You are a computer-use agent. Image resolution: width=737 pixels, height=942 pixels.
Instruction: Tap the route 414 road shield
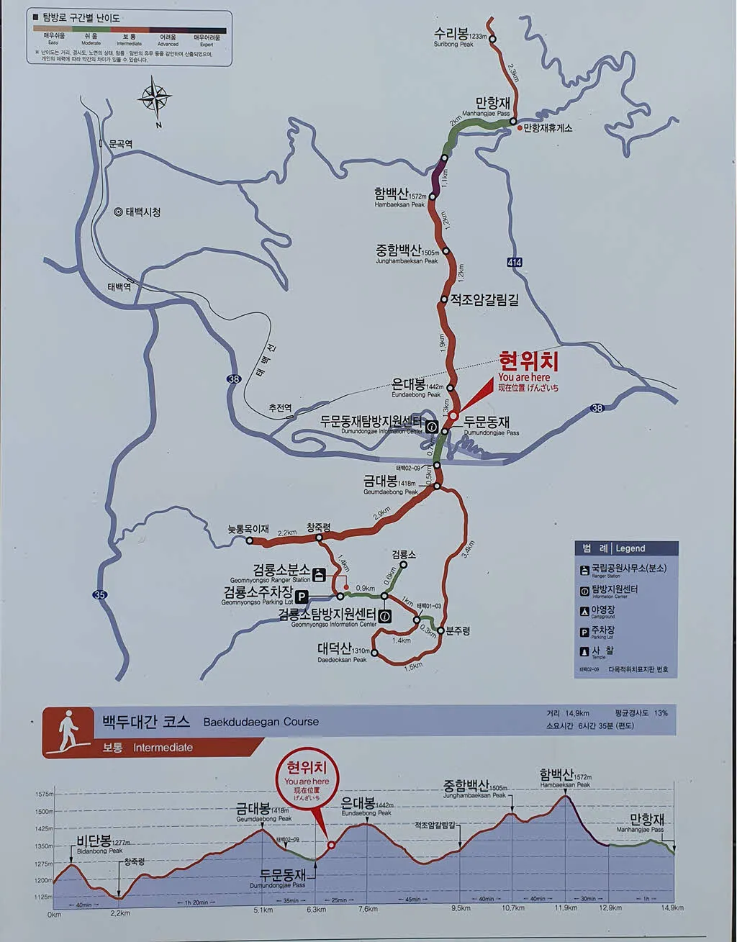click(x=514, y=263)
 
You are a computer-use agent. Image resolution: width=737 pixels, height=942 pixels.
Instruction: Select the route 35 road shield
click(x=99, y=594)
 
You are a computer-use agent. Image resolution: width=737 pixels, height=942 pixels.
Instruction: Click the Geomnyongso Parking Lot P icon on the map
click(x=302, y=596)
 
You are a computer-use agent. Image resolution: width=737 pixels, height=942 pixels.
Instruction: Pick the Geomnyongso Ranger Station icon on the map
click(x=320, y=574)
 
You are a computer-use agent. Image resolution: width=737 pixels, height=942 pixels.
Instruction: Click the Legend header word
click(x=630, y=548)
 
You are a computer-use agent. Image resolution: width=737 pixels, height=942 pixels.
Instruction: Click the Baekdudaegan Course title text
click(x=261, y=722)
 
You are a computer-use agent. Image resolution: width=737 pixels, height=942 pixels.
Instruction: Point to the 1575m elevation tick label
click(x=44, y=794)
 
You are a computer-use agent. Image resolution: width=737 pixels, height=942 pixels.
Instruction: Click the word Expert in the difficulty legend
click(x=207, y=44)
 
